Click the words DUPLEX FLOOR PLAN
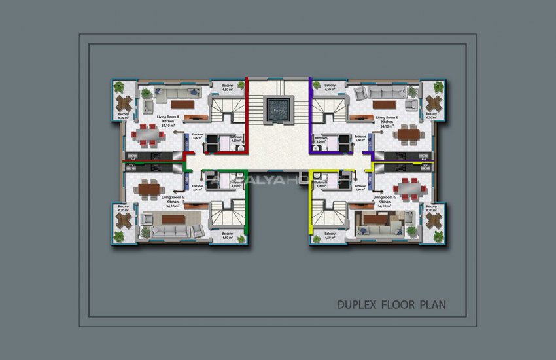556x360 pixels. pos(391,304)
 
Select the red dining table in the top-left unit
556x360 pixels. pos(148,135)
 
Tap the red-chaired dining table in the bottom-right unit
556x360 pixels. pos(409,189)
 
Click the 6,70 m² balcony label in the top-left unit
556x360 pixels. pos(123,117)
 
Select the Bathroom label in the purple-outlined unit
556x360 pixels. pos(321,139)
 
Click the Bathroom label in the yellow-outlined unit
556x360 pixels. pos(321,185)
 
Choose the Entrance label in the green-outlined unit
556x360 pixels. pos(198,187)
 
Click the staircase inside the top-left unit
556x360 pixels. pos(226,108)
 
